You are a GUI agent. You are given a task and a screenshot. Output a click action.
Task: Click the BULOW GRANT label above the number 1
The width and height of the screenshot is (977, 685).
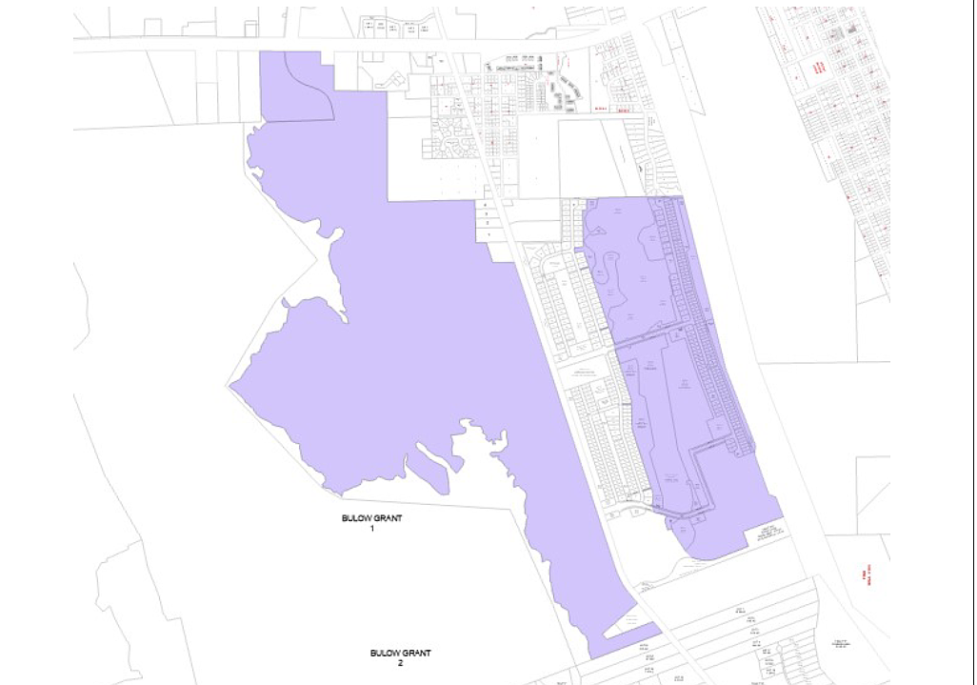(372, 518)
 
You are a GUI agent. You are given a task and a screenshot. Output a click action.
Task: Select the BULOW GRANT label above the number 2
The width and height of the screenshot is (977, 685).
(401, 653)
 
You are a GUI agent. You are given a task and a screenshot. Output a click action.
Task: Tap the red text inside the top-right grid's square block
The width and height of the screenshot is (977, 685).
(818, 68)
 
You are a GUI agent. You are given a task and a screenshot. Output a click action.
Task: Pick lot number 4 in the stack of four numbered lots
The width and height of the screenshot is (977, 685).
(488, 205)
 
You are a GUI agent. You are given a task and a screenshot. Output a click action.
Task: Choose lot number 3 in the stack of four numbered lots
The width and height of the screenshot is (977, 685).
(488, 215)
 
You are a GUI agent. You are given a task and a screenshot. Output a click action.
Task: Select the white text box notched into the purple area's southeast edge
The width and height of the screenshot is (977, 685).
(768, 534)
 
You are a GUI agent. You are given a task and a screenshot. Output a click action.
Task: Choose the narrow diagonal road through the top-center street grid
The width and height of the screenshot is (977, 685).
(476, 114)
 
